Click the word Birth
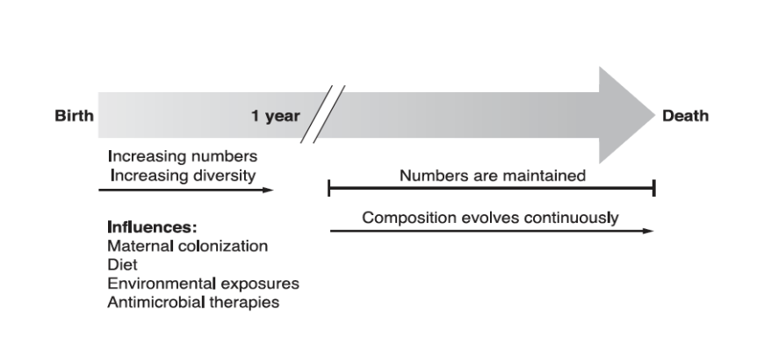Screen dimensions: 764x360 (x=74, y=116)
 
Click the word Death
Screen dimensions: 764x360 (x=686, y=116)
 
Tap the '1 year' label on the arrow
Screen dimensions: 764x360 (x=275, y=116)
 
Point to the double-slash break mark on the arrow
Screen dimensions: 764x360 (x=321, y=114)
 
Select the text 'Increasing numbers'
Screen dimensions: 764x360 (x=182, y=156)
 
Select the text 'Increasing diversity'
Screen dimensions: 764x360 (x=182, y=175)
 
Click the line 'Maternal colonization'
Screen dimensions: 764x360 (x=187, y=246)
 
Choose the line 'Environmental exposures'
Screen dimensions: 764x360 (x=203, y=284)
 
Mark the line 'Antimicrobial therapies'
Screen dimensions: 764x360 (x=193, y=303)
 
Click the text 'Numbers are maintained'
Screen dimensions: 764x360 (x=492, y=176)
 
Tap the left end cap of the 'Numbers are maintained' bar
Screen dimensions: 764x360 (x=328, y=188)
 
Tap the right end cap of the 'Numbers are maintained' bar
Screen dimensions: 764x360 (x=654, y=188)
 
